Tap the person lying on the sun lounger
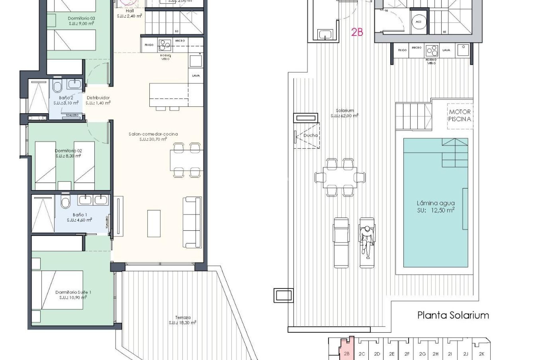[366, 241]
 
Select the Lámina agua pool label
[435, 207]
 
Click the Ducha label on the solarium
[310, 135]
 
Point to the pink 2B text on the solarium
[357, 33]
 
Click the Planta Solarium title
[453, 315]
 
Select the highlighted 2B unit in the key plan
[346, 354]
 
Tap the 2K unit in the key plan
[481, 354]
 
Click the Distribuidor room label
[98, 100]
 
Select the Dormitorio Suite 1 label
[73, 295]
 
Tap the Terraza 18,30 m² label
[183, 320]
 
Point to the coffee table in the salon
[154, 224]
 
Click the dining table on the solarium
[340, 177]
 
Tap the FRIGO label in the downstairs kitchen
[149, 45]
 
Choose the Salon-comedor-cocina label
[153, 136]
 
